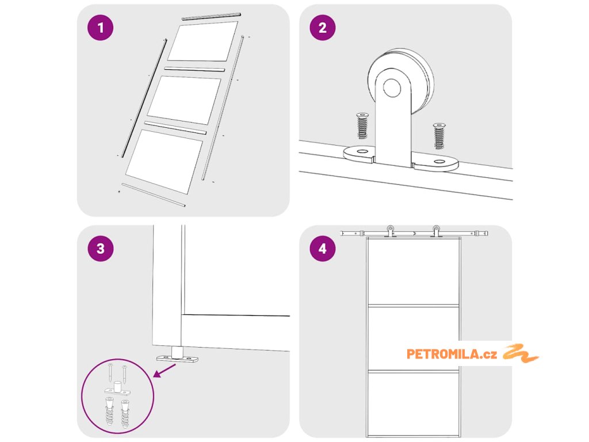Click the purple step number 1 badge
pyautogui.click(x=100, y=28)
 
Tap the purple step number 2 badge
pyautogui.click(x=323, y=28)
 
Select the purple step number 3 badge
pyautogui.click(x=100, y=249)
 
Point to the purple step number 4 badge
pyautogui.click(x=323, y=249)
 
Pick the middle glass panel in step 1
pyautogui.click(x=184, y=100)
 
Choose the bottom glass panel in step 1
pyautogui.click(x=164, y=161)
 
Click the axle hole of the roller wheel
pyautogui.click(x=392, y=87)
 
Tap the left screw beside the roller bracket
pyautogui.click(x=362, y=125)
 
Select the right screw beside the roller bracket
pyautogui.click(x=439, y=136)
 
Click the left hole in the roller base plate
pyautogui.click(x=363, y=151)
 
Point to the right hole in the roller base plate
pyautogui.click(x=439, y=162)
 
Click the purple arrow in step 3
pyautogui.click(x=164, y=371)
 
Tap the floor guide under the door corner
pyautogui.click(x=177, y=355)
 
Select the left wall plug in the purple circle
pyautogui.click(x=109, y=411)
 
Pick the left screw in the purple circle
pyautogui.click(x=110, y=372)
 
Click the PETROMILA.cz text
pyautogui.click(x=452, y=354)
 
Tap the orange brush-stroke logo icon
pyautogui.click(x=521, y=353)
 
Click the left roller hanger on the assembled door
pyautogui.click(x=391, y=231)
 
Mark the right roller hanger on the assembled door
pyautogui.click(x=437, y=231)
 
